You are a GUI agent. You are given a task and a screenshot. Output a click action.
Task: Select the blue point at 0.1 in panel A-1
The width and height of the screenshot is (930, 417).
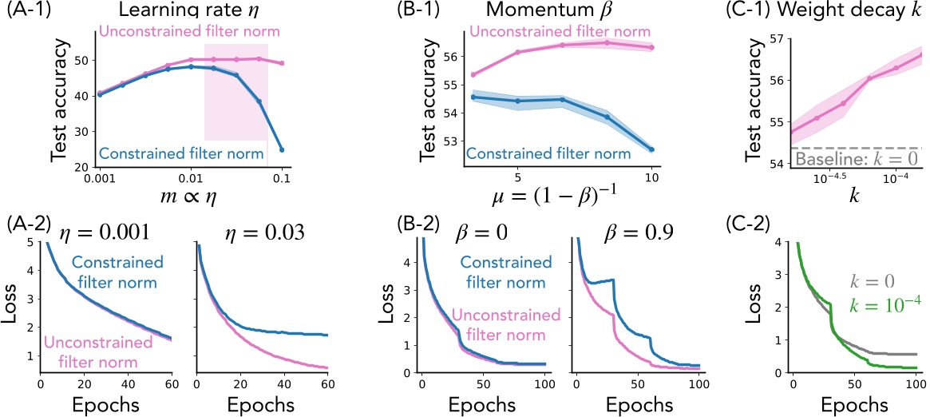click(x=282, y=149)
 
